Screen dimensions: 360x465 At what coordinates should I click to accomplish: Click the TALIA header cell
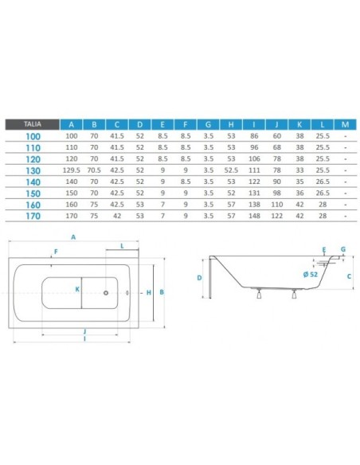click(33, 124)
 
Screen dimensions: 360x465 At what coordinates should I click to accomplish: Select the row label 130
click(33, 171)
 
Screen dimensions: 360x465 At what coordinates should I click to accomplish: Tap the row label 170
click(33, 217)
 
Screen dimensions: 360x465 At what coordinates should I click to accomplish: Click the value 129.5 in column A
click(71, 170)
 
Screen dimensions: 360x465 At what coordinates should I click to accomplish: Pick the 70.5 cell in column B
click(94, 170)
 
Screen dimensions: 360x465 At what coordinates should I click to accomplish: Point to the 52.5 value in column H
click(231, 170)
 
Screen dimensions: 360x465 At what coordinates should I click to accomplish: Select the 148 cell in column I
click(254, 216)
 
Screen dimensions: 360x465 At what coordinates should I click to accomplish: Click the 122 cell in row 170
click(276, 216)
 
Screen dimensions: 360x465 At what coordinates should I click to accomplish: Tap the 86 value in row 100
click(254, 136)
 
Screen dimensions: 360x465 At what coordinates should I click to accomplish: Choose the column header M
click(345, 124)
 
